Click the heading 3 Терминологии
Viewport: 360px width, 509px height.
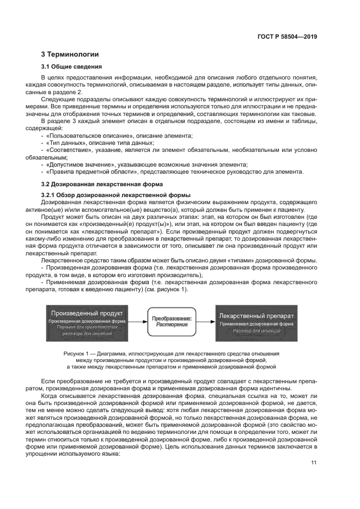pos(70,54)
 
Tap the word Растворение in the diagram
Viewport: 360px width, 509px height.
pos(172,325)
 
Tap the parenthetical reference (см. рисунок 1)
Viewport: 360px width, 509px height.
pos(165,290)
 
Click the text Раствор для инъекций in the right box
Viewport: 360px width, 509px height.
pos(257,331)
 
